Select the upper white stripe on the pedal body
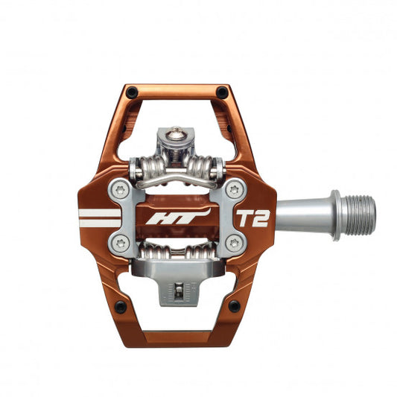[98, 212]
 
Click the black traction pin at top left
[132, 92]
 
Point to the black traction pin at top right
[222, 92]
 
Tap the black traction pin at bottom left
[120, 306]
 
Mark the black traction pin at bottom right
[234, 305]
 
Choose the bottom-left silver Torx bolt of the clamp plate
[120, 241]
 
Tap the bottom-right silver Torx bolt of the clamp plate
[234, 242]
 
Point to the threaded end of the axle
[361, 215]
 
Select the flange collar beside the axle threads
[337, 215]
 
